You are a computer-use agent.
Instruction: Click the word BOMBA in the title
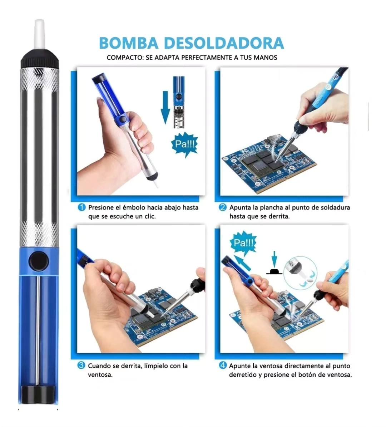[129, 43]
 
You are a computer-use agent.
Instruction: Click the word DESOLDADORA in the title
[224, 43]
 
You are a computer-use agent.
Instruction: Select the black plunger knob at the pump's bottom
[38, 394]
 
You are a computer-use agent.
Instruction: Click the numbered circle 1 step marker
[81, 207]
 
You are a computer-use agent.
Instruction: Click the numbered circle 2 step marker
[223, 207]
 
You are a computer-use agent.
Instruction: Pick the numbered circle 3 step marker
[81, 365]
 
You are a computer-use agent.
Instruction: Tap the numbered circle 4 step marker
[223, 365]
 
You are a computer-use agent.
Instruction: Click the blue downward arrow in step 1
[165, 108]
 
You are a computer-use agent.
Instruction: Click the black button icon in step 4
[274, 271]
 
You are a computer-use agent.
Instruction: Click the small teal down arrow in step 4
[274, 259]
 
